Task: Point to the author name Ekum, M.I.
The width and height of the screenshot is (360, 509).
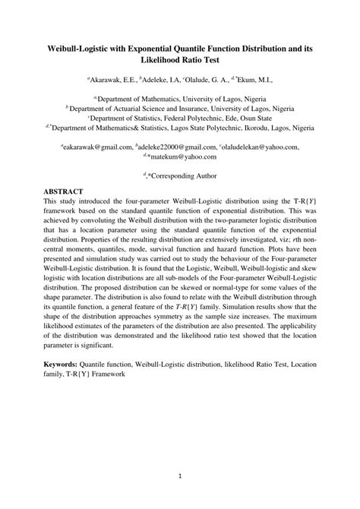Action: [x=253, y=78]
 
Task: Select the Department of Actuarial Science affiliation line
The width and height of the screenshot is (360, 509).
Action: [x=180, y=108]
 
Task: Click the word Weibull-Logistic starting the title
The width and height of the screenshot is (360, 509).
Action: [x=84, y=48]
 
